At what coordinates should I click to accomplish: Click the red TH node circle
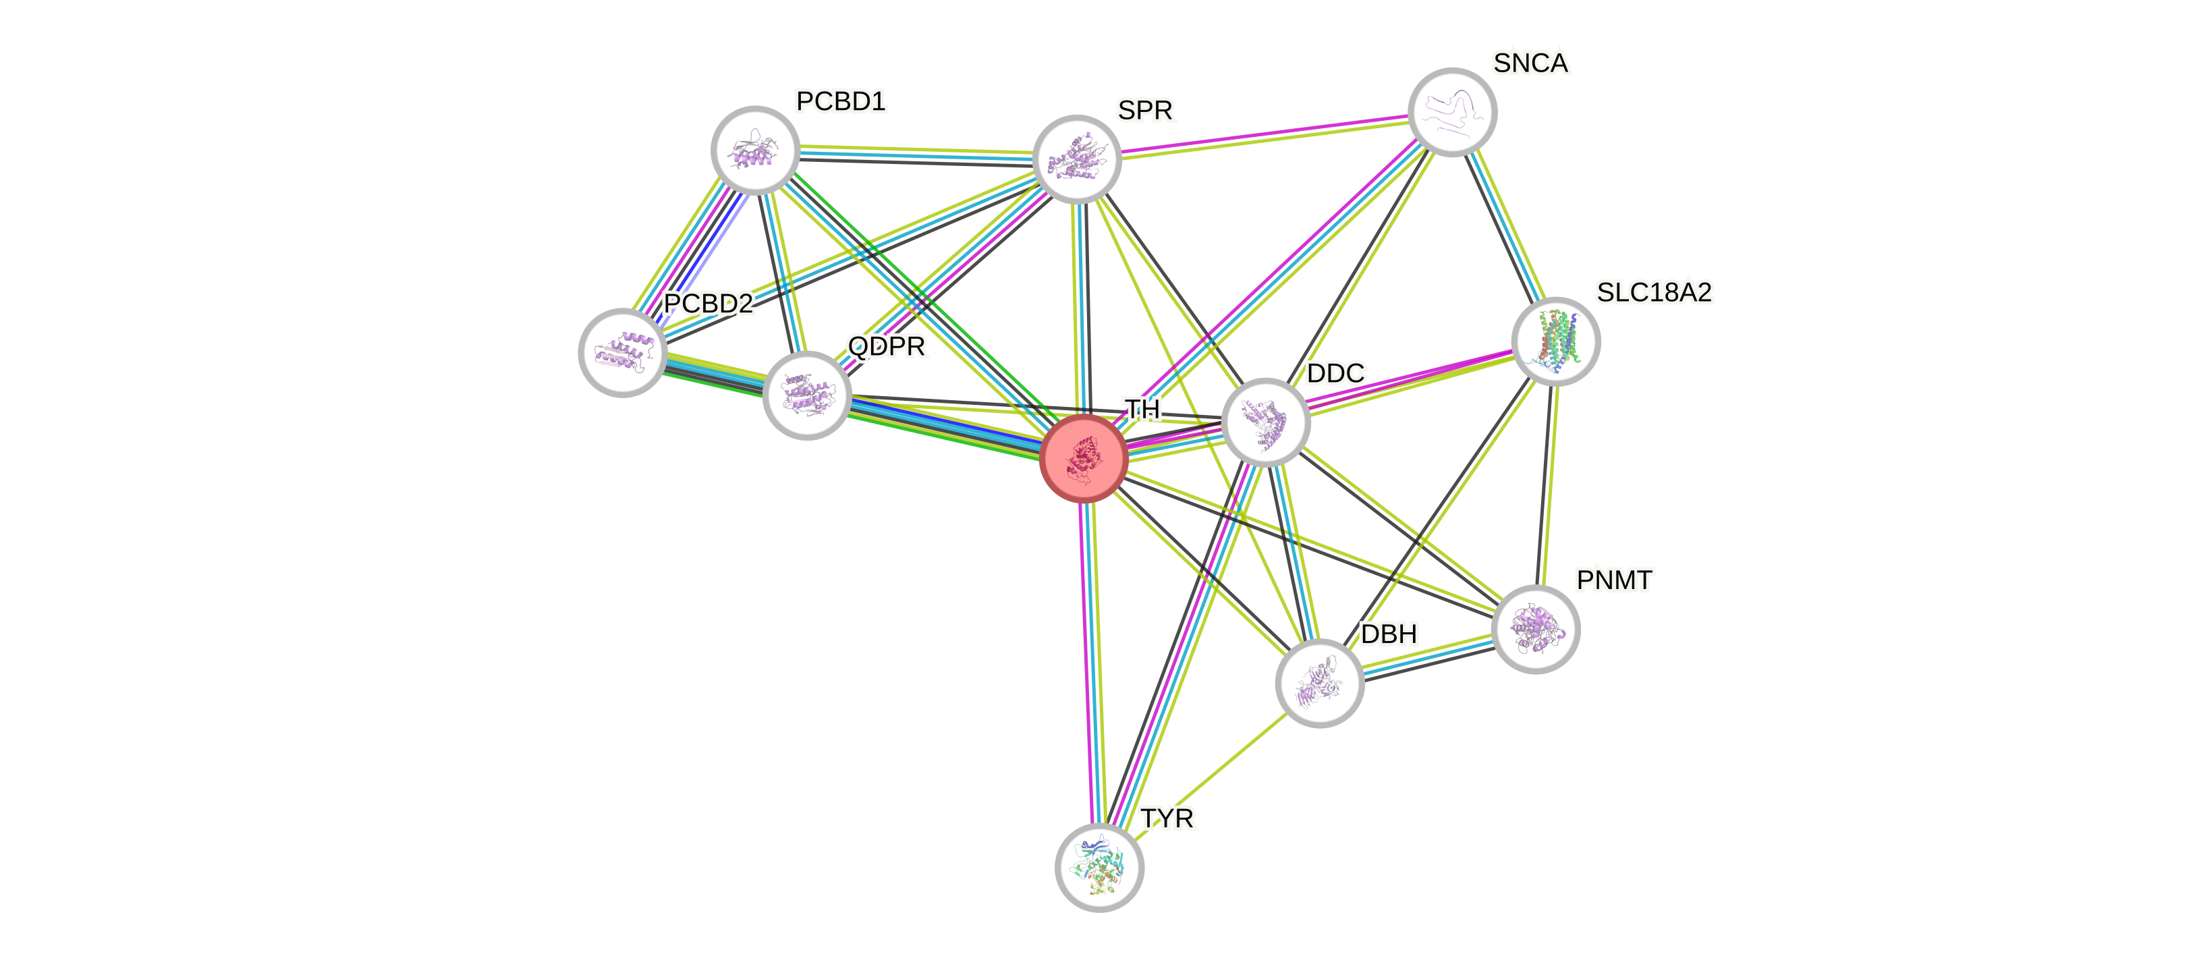1084,458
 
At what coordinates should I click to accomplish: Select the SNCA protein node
1452,111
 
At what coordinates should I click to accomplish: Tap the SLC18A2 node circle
1556,341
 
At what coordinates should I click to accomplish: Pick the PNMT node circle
1536,629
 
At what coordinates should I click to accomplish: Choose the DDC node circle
1265,422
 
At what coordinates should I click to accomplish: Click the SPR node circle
1076,159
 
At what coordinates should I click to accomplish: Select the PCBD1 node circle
755,150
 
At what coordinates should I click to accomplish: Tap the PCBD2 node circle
622,352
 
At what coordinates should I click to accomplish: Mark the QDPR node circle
807,395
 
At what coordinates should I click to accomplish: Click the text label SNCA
1530,63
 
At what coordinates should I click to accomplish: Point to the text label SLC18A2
1653,292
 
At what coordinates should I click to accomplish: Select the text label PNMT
1614,580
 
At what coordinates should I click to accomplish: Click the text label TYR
1167,819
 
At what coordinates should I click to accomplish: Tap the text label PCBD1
841,101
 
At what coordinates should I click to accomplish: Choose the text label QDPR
886,347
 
